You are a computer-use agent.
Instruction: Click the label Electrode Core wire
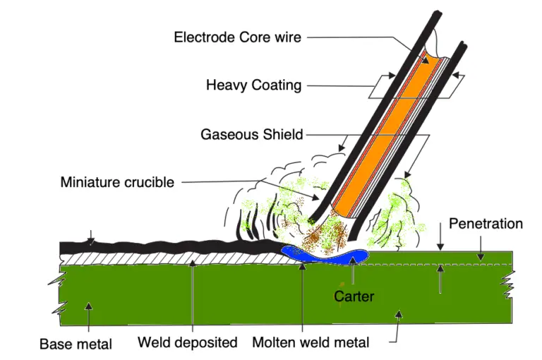tap(239, 37)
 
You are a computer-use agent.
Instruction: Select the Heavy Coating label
tap(253, 85)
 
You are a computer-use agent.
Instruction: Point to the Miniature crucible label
tap(117, 182)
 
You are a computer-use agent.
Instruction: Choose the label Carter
tap(354, 296)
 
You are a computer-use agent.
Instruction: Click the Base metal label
tap(76, 344)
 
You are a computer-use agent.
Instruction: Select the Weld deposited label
tap(187, 342)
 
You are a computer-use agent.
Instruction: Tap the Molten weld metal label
tap(311, 343)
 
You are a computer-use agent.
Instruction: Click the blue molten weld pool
tap(332, 254)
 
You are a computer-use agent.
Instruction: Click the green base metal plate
tap(212, 296)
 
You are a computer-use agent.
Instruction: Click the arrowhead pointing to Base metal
tap(89, 306)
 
